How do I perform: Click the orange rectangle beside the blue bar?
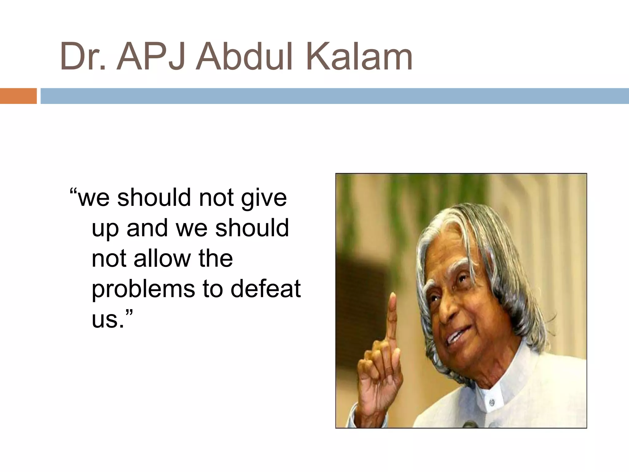click(18, 96)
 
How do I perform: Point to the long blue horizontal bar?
click(335, 96)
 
